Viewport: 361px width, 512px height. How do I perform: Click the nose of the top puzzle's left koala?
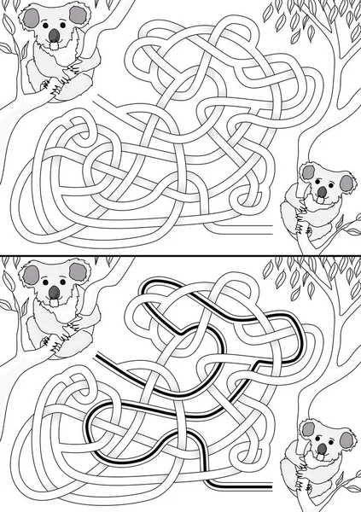[54, 35]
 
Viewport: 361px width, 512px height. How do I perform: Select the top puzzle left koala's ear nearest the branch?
[79, 15]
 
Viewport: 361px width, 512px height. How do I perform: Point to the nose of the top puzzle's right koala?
[322, 193]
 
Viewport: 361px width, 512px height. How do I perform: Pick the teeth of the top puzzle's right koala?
[322, 201]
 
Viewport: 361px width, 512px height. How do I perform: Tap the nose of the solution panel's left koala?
[54, 290]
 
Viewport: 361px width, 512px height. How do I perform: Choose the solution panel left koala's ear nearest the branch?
[79, 271]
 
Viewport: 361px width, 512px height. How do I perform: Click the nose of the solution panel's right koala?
[322, 446]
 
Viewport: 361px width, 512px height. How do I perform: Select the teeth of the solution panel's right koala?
[322, 455]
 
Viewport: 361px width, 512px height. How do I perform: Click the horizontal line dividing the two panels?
[180, 253]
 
